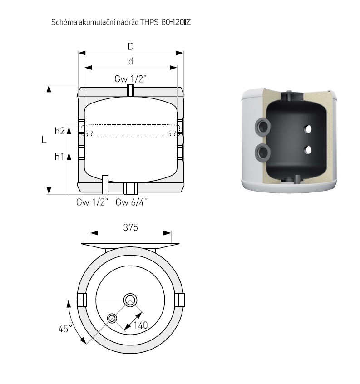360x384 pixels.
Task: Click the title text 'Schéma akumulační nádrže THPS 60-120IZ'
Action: click(x=121, y=22)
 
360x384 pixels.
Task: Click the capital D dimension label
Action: click(x=131, y=46)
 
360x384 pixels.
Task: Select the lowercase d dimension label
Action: click(x=131, y=61)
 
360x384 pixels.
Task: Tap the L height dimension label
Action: click(x=44, y=140)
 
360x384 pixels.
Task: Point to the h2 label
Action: click(x=60, y=131)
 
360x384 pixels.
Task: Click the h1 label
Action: click(x=59, y=157)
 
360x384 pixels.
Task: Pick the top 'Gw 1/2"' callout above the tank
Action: click(x=131, y=79)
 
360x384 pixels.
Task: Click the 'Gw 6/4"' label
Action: click(x=132, y=202)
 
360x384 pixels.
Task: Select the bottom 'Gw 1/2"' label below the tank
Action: click(x=92, y=202)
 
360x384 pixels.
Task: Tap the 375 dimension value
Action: click(x=131, y=227)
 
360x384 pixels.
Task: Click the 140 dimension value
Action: click(x=141, y=325)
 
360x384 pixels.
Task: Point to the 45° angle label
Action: click(x=65, y=329)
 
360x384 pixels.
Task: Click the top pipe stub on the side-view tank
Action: click(x=131, y=91)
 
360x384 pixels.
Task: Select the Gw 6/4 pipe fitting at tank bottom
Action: click(x=131, y=188)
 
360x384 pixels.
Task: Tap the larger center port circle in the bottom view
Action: click(x=130, y=300)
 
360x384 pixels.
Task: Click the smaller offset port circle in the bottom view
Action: click(x=112, y=318)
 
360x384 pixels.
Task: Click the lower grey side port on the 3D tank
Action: click(x=263, y=153)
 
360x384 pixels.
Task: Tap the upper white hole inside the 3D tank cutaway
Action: click(x=308, y=129)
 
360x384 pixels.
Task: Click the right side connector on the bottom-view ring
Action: click(x=180, y=300)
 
